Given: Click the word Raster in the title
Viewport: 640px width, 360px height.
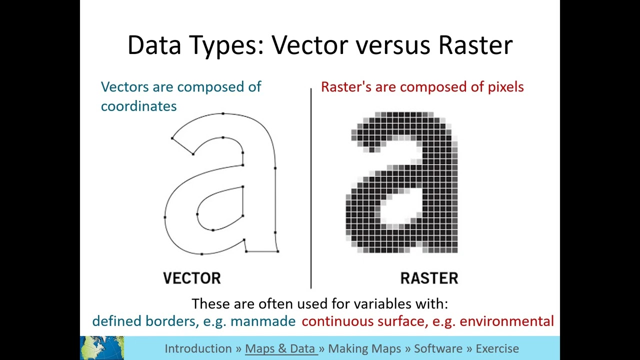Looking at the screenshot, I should coord(475,45).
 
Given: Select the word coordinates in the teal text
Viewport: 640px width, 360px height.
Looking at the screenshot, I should coord(138,106).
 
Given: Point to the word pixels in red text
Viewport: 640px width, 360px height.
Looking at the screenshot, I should coord(505,87).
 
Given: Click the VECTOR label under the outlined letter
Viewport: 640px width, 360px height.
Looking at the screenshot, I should coord(192,278).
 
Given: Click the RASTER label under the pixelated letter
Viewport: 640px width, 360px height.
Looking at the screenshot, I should coord(429,278).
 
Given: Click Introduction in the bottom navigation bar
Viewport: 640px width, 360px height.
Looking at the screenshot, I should coord(198,348).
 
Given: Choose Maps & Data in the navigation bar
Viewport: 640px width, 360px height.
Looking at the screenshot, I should coord(280,348).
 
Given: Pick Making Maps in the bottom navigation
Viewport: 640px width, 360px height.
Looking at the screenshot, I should coord(364,348).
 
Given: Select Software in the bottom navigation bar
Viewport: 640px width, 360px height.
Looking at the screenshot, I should coord(438,348).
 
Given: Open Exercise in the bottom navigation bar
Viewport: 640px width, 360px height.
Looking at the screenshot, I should coord(497,348).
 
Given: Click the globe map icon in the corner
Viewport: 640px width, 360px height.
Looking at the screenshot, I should coord(102,348).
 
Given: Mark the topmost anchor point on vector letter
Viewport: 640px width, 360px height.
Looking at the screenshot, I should coord(223,114).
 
